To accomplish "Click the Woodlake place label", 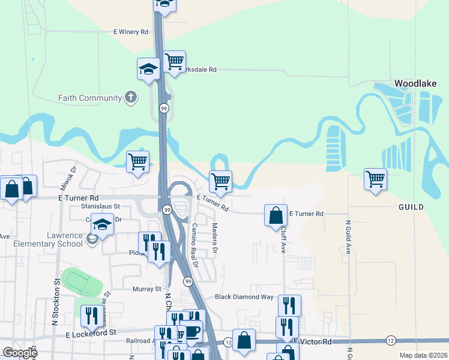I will pyautogui.click(x=415, y=83).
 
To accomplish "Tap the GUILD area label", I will pyautogui.click(x=410, y=207).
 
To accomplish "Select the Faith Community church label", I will pyautogui.click(x=90, y=98).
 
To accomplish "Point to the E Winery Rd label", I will pyautogui.click(x=130, y=32).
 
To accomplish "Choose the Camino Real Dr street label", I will pyautogui.click(x=194, y=240).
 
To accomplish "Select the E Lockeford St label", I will pyautogui.click(x=90, y=332).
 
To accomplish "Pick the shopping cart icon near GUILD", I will pyautogui.click(x=375, y=179).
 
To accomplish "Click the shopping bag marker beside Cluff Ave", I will pyautogui.click(x=275, y=215).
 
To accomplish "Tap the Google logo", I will pyautogui.click(x=20, y=353).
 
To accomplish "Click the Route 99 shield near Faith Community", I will pyautogui.click(x=163, y=109).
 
